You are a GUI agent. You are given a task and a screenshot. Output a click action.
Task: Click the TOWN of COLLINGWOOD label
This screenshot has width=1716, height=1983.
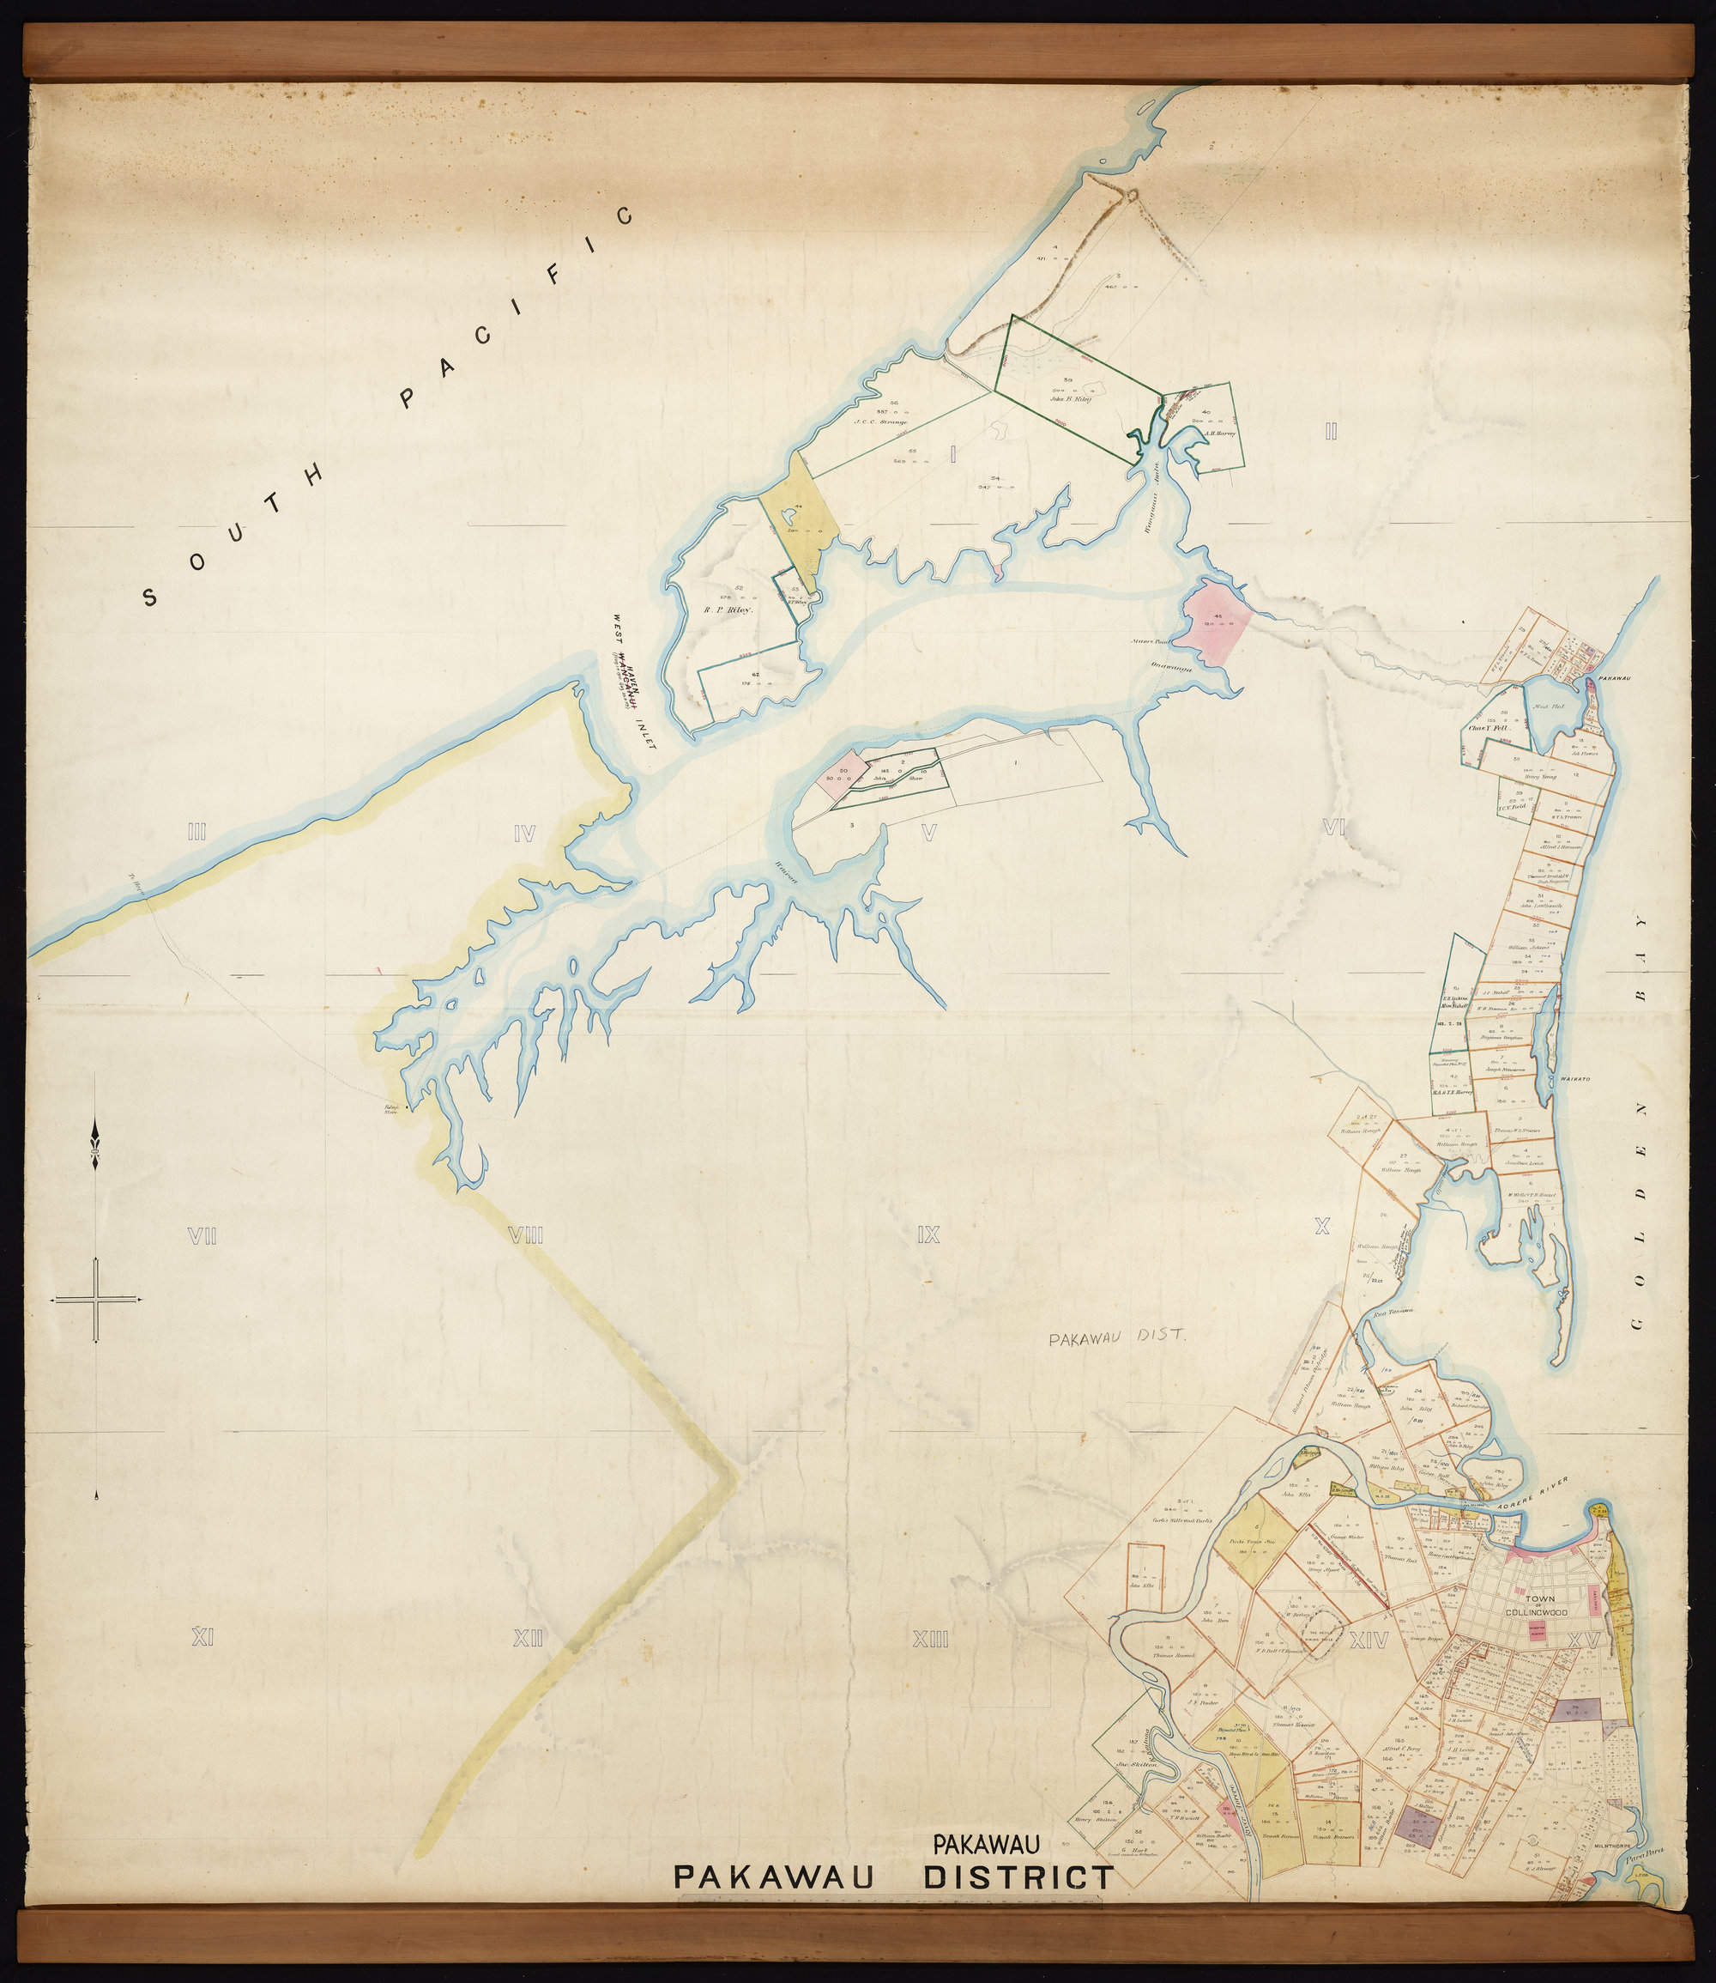[x=1541, y=1605]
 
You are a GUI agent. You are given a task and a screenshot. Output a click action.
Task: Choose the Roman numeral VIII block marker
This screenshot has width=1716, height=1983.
[x=525, y=1237]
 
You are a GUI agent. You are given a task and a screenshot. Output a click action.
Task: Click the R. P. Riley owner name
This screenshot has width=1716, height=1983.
[x=729, y=609]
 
